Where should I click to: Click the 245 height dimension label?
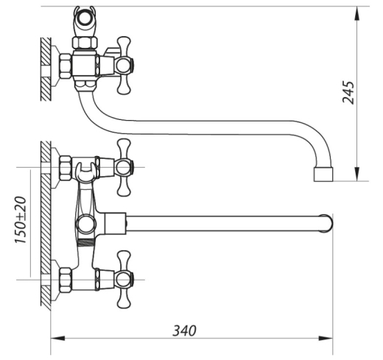[x=348, y=92]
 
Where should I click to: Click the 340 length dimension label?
[x=184, y=331]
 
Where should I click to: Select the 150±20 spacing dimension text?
[x=21, y=220]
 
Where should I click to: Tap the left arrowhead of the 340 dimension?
[x=57, y=338]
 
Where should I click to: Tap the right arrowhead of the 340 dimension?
[x=326, y=338]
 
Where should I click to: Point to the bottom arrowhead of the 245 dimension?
[x=357, y=174]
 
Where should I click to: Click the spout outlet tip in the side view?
[x=323, y=174]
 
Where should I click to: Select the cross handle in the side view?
[x=124, y=66]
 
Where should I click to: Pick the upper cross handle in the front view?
[x=124, y=167]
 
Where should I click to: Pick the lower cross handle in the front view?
[x=124, y=279]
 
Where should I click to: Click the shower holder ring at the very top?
[x=85, y=19]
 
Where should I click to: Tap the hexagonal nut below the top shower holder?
[x=85, y=43]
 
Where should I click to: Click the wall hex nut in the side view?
[x=66, y=66]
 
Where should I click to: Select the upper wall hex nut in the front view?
[x=66, y=169]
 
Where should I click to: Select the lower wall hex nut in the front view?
[x=66, y=280]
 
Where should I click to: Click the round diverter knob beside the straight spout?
[x=85, y=224]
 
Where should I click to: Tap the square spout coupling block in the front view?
[x=116, y=223]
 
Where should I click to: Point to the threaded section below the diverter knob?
[x=86, y=242]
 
